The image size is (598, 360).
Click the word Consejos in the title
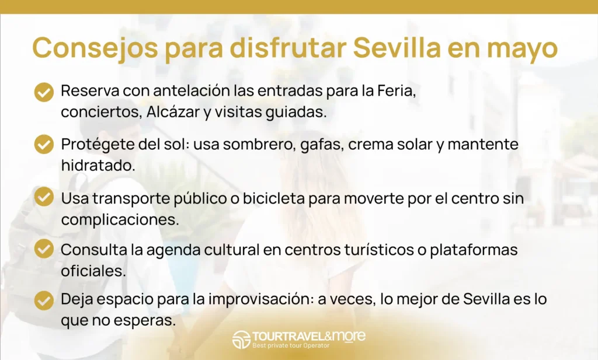(95, 48)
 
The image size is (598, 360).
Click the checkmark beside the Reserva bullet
(44, 92)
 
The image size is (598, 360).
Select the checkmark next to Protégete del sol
(44, 144)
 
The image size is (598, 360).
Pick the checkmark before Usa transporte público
(44, 197)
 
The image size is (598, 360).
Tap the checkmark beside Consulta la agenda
(44, 249)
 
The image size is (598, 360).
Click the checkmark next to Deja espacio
(44, 300)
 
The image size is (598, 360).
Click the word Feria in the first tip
(397, 91)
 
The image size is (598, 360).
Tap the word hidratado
(98, 165)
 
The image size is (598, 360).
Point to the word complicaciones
(120, 220)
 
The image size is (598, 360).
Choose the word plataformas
(474, 250)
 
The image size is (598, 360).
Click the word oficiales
(93, 271)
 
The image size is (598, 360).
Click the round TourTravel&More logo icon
(241, 340)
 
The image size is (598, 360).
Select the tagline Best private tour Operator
(291, 345)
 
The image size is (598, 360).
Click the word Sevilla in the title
(397, 48)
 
